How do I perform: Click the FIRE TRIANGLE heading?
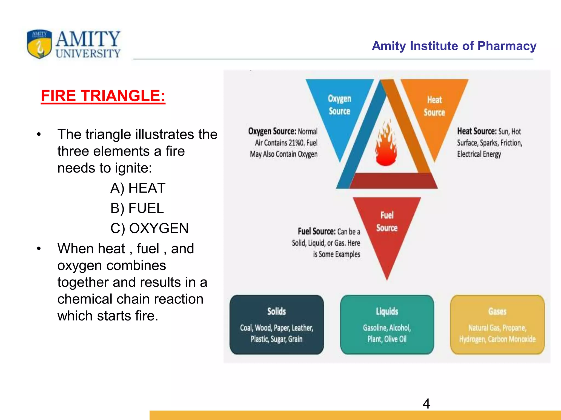point(103,96)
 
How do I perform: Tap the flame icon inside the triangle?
point(387,144)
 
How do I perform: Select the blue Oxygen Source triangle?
point(339,109)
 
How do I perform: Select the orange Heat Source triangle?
point(434,109)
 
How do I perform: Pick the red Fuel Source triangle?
point(387,227)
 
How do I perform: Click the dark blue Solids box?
point(277,325)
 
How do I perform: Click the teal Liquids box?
point(387,325)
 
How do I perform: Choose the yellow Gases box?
point(497,325)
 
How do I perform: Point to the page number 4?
point(426,404)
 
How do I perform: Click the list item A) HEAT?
point(138,188)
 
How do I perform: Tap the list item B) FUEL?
point(137,208)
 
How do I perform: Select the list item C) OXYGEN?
point(149,228)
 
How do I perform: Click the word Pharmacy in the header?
point(507,46)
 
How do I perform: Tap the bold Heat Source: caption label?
point(477,131)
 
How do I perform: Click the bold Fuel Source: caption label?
point(317,231)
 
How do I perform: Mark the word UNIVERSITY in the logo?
point(88,53)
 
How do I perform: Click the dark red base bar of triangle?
point(392,181)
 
